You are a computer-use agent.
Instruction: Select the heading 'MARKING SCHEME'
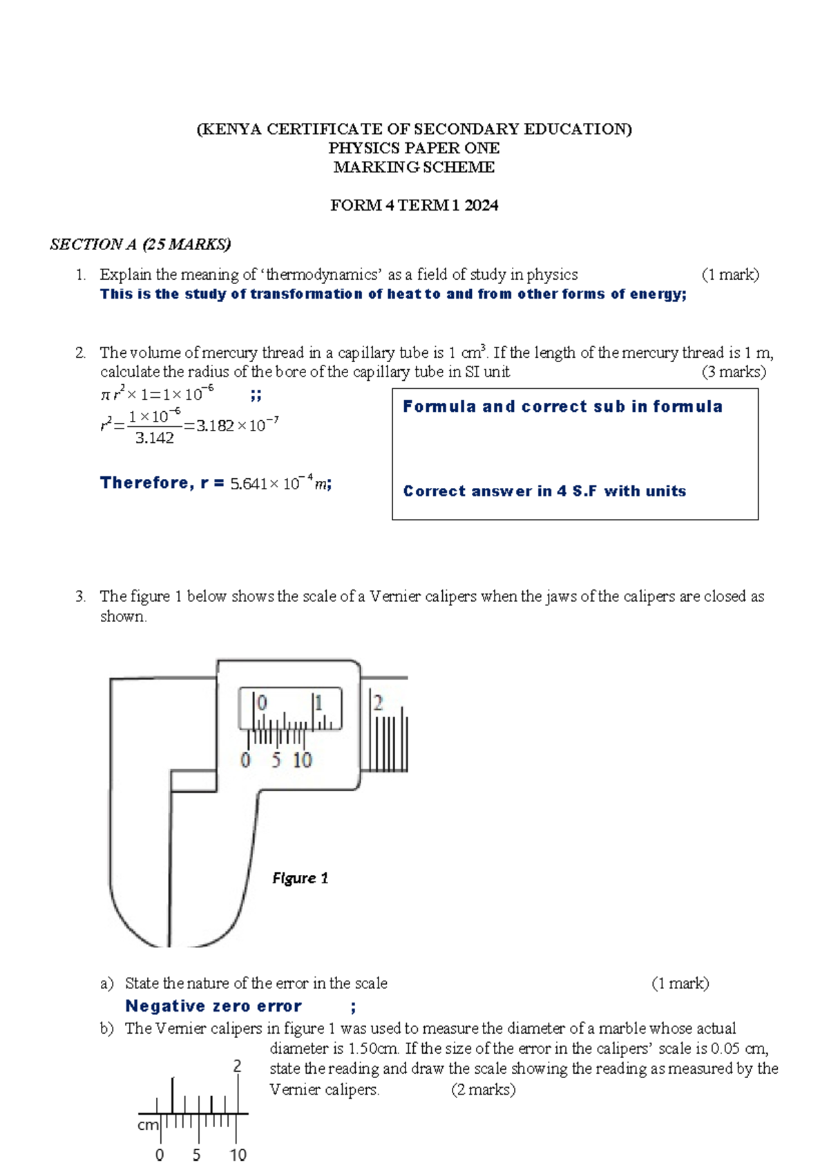(x=414, y=167)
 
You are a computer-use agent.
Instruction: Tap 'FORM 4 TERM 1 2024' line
(x=414, y=205)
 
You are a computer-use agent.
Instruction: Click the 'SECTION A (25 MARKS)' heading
(x=140, y=244)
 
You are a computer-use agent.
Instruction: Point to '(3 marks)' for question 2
(x=734, y=372)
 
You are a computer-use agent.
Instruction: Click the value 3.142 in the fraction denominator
(x=155, y=438)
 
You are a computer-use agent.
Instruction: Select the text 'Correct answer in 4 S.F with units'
(x=544, y=491)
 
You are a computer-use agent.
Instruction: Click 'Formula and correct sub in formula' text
(x=562, y=406)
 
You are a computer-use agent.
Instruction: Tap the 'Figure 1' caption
(x=300, y=878)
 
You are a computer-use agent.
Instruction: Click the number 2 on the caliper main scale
(x=378, y=703)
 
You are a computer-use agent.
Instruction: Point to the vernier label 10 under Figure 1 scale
(x=302, y=760)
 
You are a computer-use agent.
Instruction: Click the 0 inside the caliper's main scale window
(x=262, y=703)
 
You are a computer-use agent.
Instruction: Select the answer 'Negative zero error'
(x=213, y=1006)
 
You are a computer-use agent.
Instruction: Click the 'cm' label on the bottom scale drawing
(x=148, y=1125)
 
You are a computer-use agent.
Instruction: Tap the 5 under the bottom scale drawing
(x=197, y=1155)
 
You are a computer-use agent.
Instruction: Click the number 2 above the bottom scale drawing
(x=237, y=1066)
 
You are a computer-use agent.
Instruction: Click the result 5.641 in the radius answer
(x=248, y=484)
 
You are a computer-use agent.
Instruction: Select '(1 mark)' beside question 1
(x=730, y=275)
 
